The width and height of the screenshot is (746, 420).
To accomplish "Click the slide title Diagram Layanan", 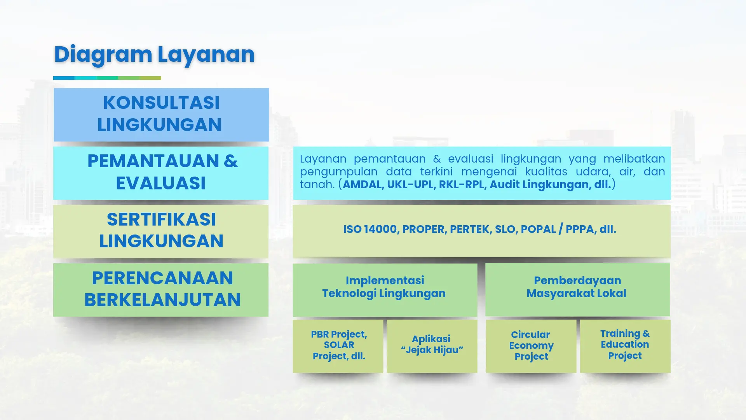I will point(154,54).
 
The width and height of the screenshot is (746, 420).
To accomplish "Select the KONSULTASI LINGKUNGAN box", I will point(161,114).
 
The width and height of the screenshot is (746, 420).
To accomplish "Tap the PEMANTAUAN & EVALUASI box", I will point(161,173).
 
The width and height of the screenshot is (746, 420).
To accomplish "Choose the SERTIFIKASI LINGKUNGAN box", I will point(161,231).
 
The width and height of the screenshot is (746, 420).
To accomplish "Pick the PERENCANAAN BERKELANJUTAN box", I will point(161,289).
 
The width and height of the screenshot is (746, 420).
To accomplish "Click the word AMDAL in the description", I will point(362,185).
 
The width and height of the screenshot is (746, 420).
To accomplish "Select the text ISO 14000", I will point(370,229).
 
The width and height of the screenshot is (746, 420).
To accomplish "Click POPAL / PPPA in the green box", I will point(558,229).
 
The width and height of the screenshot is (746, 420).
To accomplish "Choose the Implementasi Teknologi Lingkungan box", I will point(385,289).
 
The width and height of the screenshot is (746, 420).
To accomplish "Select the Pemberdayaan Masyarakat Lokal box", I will point(577,289).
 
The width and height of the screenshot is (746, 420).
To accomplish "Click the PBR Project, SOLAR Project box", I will point(338,346).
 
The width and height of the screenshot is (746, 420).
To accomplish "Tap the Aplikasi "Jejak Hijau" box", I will point(432,346).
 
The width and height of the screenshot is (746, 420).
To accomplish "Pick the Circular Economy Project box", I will point(531,346).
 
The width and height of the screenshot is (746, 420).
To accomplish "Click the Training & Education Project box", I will point(625,346).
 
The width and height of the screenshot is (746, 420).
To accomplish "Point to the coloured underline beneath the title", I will point(107,78).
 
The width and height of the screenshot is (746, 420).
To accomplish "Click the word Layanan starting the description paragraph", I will point(322,159).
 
